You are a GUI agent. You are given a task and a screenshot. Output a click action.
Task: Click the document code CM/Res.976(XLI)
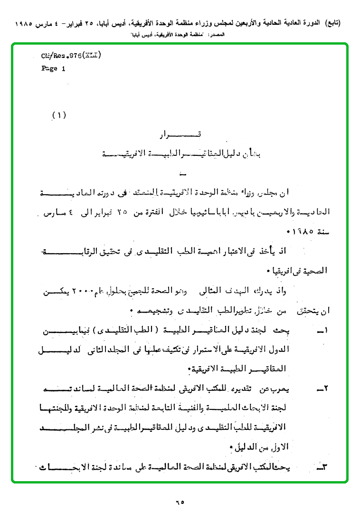click(x=71, y=56)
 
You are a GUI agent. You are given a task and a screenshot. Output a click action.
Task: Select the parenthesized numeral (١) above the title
click(x=59, y=115)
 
